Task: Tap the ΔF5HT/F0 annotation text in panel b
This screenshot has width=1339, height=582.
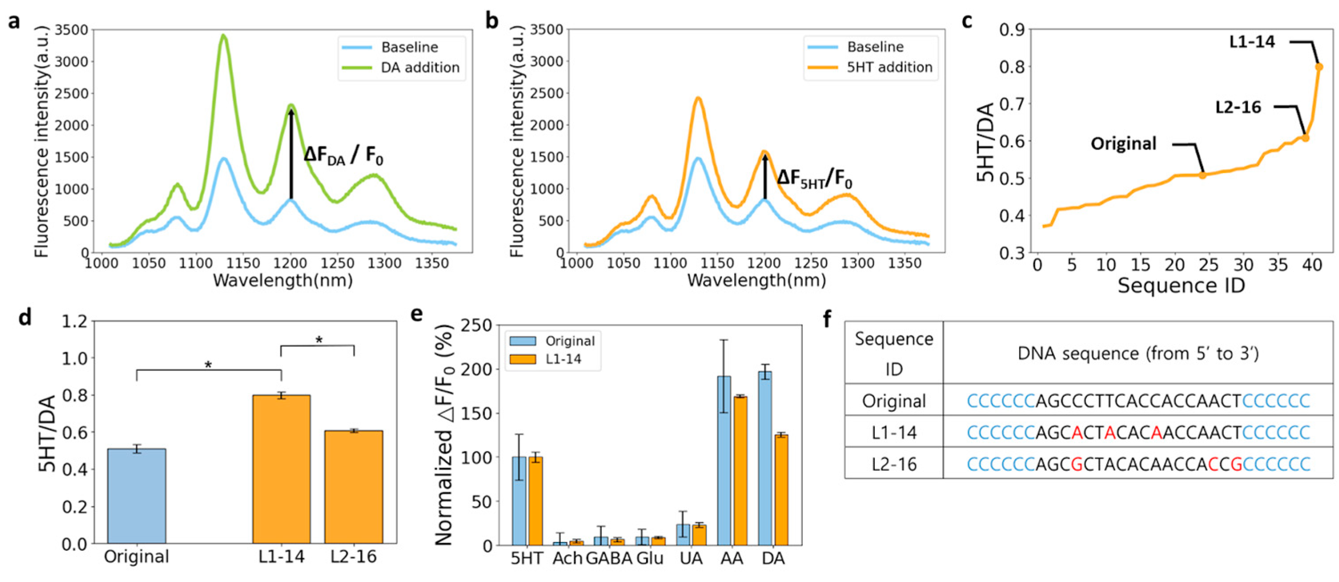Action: coord(814,179)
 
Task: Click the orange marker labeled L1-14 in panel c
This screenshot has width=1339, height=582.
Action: coord(1319,67)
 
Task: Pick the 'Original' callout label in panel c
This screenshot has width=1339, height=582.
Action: coord(1123,143)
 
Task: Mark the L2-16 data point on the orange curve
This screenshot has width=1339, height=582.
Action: coord(1305,138)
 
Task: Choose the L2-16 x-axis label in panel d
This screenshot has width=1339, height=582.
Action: coord(353,557)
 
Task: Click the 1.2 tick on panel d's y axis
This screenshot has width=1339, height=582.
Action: coord(74,322)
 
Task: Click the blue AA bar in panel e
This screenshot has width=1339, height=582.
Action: coord(724,460)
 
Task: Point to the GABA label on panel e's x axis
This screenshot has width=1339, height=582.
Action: coord(609,558)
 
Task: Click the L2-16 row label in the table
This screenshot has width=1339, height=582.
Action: coord(894,464)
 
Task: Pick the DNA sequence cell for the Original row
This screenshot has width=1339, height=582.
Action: coord(1138,400)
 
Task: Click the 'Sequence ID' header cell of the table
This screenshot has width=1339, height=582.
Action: coord(894,353)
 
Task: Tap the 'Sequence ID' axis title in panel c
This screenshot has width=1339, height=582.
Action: coord(1181,285)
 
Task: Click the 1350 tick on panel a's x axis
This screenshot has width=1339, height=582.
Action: coord(432,264)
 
